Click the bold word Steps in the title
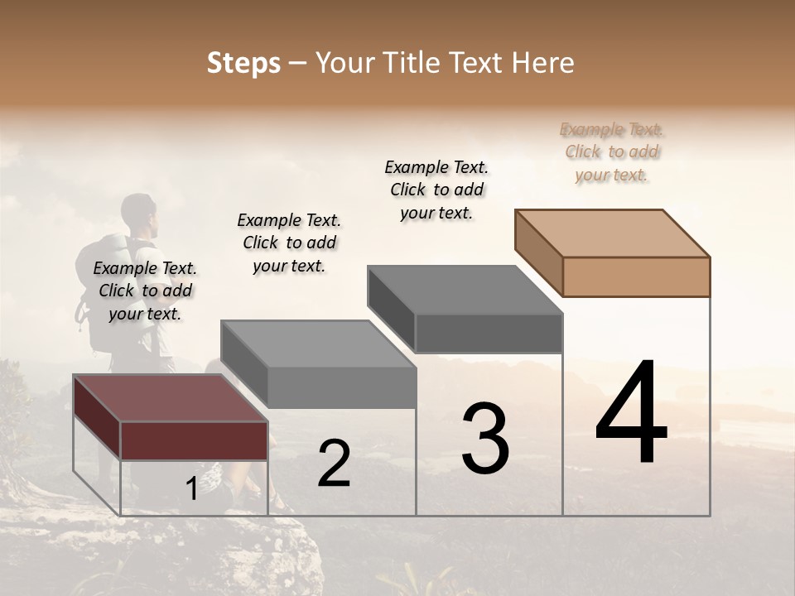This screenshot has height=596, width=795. [x=243, y=63]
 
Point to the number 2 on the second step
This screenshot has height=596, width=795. [x=334, y=464]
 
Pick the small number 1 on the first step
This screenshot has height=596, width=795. [x=191, y=488]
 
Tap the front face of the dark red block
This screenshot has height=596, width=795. [x=194, y=440]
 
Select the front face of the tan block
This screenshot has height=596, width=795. [x=636, y=276]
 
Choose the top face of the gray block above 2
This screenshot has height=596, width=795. [x=318, y=344]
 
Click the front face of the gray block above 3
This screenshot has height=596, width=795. [x=489, y=334]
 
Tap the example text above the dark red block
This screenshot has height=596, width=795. [x=145, y=291]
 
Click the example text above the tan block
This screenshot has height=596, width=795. [x=612, y=151]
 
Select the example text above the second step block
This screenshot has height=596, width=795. [x=289, y=243]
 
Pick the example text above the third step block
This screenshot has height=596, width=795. [x=436, y=190]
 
